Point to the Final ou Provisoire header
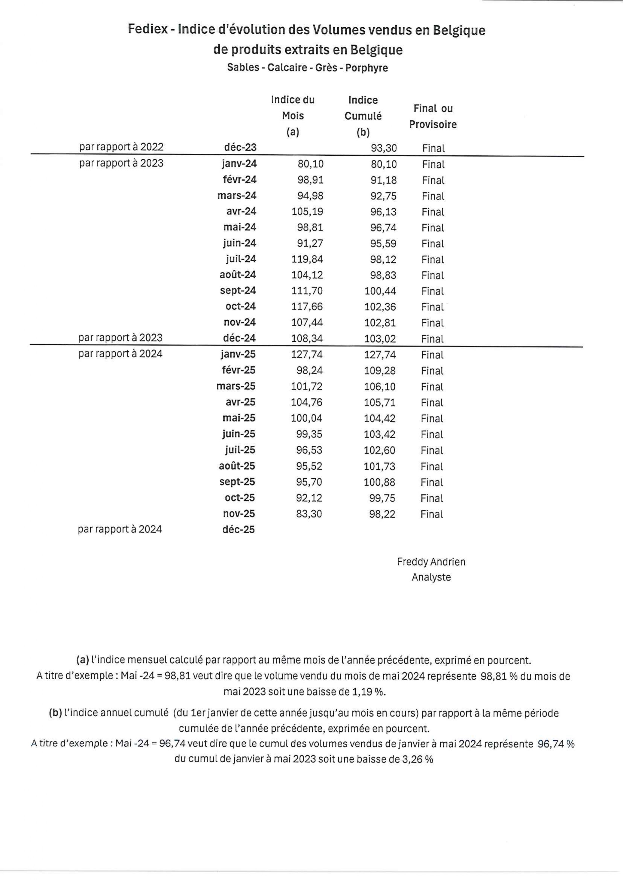pos(433,116)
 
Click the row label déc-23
pos(240,147)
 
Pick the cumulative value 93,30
pos(384,148)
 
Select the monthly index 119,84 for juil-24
pos(307,259)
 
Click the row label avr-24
pos(241,211)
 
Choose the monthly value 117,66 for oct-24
pos(307,307)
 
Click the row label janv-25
pos(238,354)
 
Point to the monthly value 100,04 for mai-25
pos(306,418)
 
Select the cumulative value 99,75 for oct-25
pos(382,498)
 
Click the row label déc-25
pos(238,530)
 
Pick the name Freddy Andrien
pos(431,562)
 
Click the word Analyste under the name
pos(431,577)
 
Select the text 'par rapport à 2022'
pos(121,147)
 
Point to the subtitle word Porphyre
pos(366,68)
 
